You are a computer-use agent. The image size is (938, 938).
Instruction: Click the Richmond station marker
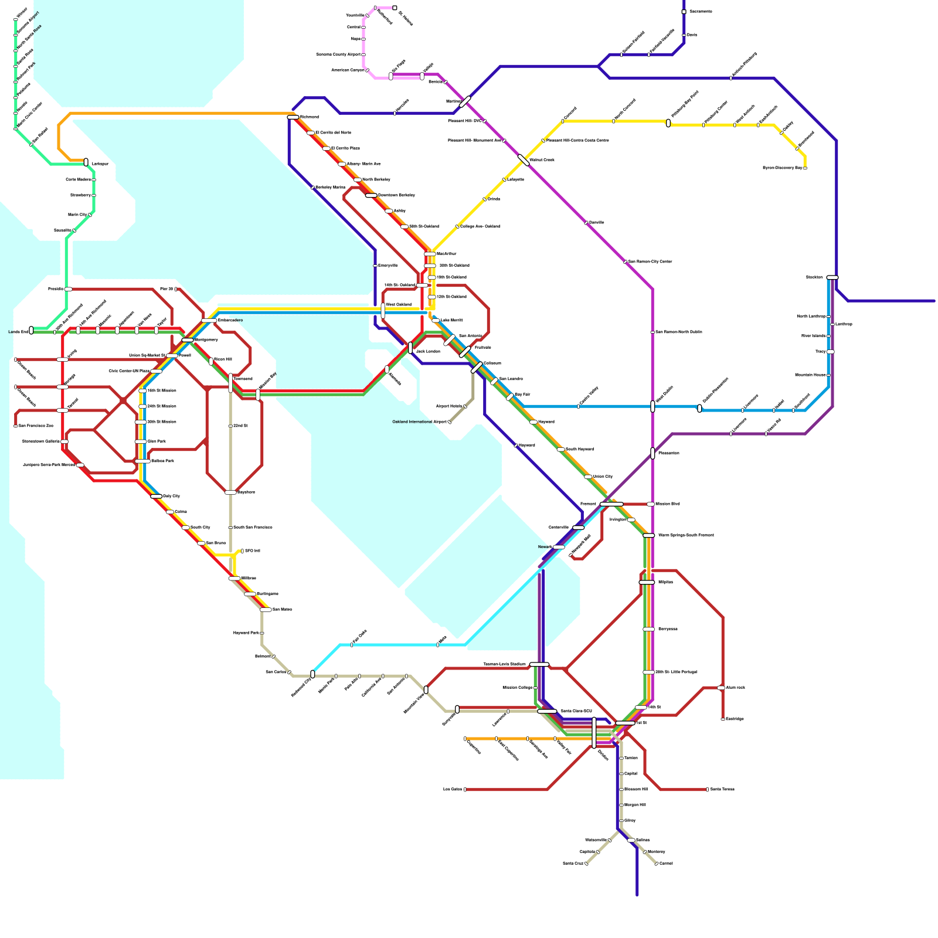[x=293, y=117]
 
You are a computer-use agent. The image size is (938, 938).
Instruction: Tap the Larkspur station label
[x=100, y=164]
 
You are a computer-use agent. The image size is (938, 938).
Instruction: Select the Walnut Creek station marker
[x=524, y=159]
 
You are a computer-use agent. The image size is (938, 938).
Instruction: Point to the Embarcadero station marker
[x=209, y=321]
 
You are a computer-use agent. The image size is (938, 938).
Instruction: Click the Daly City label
[x=171, y=496]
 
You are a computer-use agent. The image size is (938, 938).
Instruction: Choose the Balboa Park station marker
[x=142, y=461]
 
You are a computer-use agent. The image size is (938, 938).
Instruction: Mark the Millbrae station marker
[x=235, y=579]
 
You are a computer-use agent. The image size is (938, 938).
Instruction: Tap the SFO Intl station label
[x=252, y=551]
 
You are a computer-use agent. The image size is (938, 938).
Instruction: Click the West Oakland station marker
[x=383, y=311]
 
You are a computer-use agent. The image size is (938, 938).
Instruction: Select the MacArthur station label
[x=447, y=254]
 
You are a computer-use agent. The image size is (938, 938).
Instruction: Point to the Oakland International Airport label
[x=419, y=422]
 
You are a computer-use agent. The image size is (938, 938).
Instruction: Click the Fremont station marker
[x=611, y=504]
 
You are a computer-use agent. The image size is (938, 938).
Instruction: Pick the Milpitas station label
[x=665, y=582]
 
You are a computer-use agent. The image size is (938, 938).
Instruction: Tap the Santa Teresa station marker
[x=707, y=790]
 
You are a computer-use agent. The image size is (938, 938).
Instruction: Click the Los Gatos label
[x=453, y=790]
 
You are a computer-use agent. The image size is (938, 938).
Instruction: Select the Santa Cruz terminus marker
[x=586, y=864]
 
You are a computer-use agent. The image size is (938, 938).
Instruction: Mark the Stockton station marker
[x=832, y=277]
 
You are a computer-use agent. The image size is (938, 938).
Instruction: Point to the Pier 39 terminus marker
[x=176, y=289]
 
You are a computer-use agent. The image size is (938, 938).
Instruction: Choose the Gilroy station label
[x=630, y=821]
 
